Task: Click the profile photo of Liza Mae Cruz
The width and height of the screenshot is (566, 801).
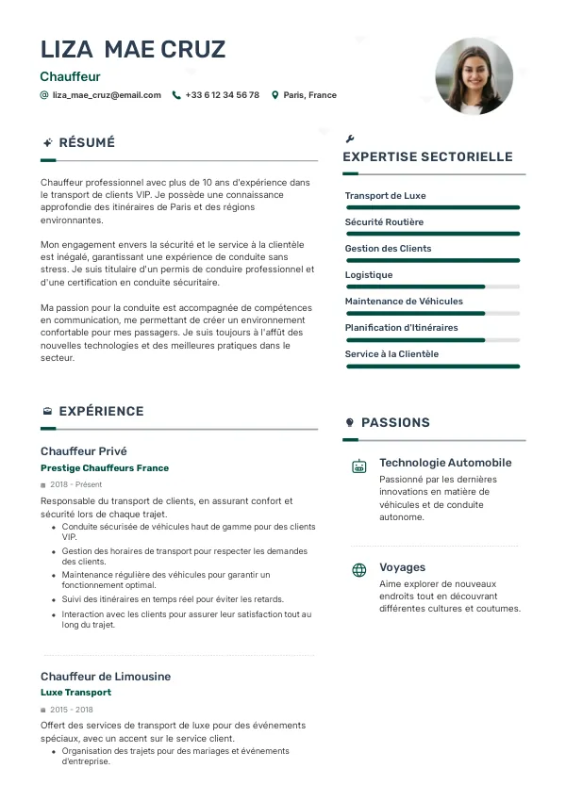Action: coord(474,76)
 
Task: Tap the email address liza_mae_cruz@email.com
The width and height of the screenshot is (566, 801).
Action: coord(107,95)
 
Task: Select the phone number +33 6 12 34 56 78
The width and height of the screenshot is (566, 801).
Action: coord(222,95)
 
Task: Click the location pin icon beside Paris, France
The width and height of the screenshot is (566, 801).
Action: coord(275,95)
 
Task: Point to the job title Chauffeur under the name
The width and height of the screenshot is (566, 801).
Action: coord(70,76)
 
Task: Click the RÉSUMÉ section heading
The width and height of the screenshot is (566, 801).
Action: coord(87,143)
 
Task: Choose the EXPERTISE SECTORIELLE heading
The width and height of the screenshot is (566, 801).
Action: coord(427,157)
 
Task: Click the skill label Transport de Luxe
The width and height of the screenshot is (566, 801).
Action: coord(385,196)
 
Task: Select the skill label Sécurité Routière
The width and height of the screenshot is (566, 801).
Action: coord(384,222)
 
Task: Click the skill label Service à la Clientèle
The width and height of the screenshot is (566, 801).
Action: coord(391,354)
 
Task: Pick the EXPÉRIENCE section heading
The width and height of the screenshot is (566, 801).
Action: coord(101,412)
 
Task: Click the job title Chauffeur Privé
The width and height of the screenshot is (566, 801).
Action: coord(83,451)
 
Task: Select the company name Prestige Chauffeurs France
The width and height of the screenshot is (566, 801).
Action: coord(105,468)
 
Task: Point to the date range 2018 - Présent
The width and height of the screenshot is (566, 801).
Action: coord(76,484)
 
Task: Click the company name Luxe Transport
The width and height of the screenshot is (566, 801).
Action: coord(75,693)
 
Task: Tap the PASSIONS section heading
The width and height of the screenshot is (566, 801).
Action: coord(395,423)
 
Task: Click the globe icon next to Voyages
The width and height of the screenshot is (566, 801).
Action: coord(359,570)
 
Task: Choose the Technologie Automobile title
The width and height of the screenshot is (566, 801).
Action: coord(445,463)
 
